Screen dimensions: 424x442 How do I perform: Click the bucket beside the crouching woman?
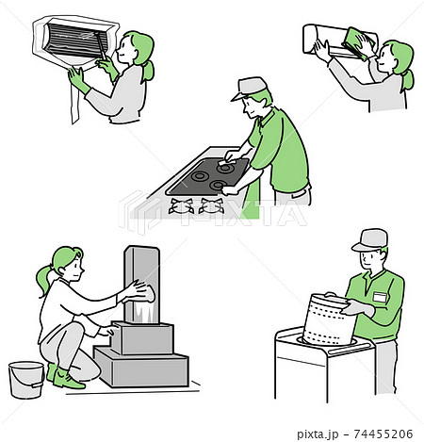tap(26, 380)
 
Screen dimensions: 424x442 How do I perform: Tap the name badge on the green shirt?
tap(380, 297)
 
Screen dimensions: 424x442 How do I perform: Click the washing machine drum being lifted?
tap(328, 319)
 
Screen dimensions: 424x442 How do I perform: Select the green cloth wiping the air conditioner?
tap(358, 43)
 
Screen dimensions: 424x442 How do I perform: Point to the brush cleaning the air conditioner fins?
tap(101, 46)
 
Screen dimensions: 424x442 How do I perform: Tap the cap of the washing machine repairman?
tap(369, 240)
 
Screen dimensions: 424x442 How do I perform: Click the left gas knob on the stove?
tap(181, 206)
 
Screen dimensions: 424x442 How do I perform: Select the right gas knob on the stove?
tap(211, 206)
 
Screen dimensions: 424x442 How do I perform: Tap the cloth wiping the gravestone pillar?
tap(145, 294)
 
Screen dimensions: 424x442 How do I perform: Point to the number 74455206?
tap(383, 434)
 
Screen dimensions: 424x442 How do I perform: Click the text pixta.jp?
tap(318, 434)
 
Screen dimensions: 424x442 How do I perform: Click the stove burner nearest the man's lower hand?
tap(219, 186)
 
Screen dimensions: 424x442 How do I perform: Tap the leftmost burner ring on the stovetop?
tap(200, 176)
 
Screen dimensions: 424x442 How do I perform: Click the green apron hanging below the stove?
tap(251, 200)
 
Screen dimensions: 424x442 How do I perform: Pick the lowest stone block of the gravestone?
tap(141, 367)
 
